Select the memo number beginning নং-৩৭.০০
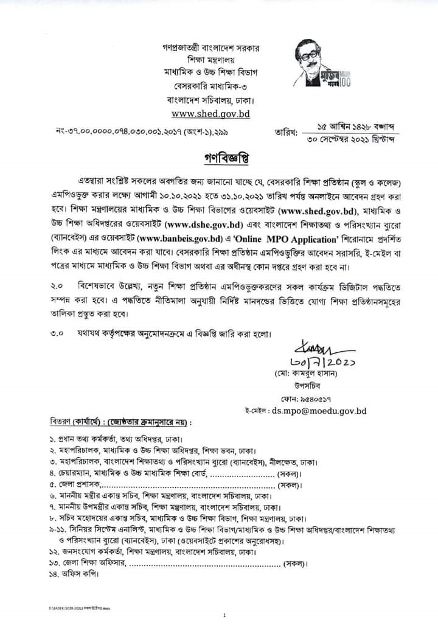pos(136,131)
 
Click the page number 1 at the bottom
pos(224,615)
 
